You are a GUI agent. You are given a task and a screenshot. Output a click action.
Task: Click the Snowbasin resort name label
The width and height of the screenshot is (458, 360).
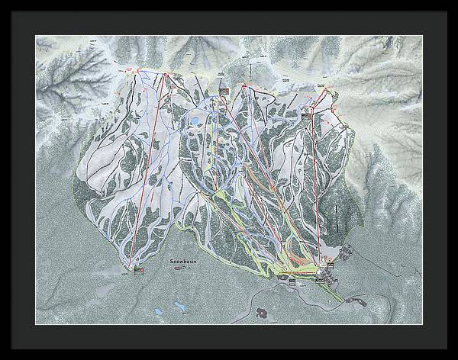182,262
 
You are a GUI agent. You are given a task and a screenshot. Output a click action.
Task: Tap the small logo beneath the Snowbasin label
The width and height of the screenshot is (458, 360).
182,268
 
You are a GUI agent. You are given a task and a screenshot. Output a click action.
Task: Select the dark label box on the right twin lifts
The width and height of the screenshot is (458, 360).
311,113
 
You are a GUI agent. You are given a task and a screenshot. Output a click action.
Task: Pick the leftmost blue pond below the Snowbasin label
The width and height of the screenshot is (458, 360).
158,310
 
